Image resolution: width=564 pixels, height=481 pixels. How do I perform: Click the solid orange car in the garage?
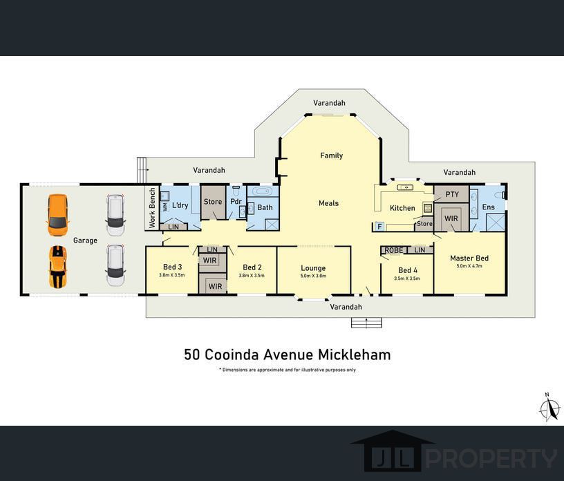coord(57,215)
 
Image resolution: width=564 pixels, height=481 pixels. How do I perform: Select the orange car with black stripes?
coord(57,267)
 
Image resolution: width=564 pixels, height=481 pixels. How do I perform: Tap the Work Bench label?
coord(152,207)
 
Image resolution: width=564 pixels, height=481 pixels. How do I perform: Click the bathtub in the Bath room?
coord(263,191)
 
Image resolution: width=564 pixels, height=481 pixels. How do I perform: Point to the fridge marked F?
coord(379,227)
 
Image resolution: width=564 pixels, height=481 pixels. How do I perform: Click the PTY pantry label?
coord(452,194)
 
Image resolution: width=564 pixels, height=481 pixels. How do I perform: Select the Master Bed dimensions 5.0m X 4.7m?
coord(469,266)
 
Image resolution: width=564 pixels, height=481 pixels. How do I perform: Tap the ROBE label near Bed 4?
coord(394,250)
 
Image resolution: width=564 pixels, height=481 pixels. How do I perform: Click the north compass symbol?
coord(549,408)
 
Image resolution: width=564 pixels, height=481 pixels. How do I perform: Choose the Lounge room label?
coord(313,268)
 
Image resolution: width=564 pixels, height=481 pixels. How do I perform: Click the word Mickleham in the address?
coord(355,355)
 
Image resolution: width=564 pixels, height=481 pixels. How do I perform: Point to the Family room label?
coord(331,155)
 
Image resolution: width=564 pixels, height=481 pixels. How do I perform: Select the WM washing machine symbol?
coord(165,207)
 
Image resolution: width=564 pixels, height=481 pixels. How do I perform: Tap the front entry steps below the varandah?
coord(366,322)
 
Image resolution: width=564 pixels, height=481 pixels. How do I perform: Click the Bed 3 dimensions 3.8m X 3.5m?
coord(172,275)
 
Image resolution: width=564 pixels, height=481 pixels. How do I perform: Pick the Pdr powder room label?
coord(236,202)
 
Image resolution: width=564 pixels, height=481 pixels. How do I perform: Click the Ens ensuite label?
coord(488,207)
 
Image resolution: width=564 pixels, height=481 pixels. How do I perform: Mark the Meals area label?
coord(328,203)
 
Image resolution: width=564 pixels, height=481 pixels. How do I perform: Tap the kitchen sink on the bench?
coord(406,187)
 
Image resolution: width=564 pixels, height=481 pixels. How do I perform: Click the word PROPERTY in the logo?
coord(491,458)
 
